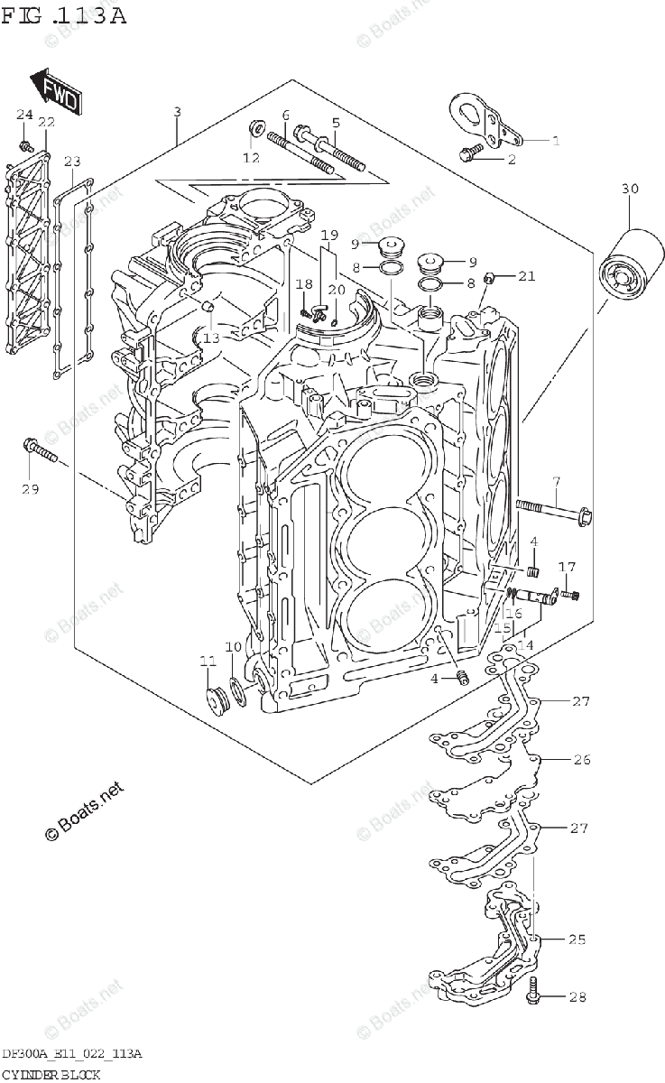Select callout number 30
(629, 189)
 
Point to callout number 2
(536, 160)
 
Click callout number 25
(577, 940)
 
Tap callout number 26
(582, 759)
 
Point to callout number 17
(566, 567)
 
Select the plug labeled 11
(217, 699)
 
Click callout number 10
(233, 646)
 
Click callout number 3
(177, 112)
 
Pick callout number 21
(527, 275)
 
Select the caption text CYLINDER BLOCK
(50, 1074)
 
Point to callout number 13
(210, 338)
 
